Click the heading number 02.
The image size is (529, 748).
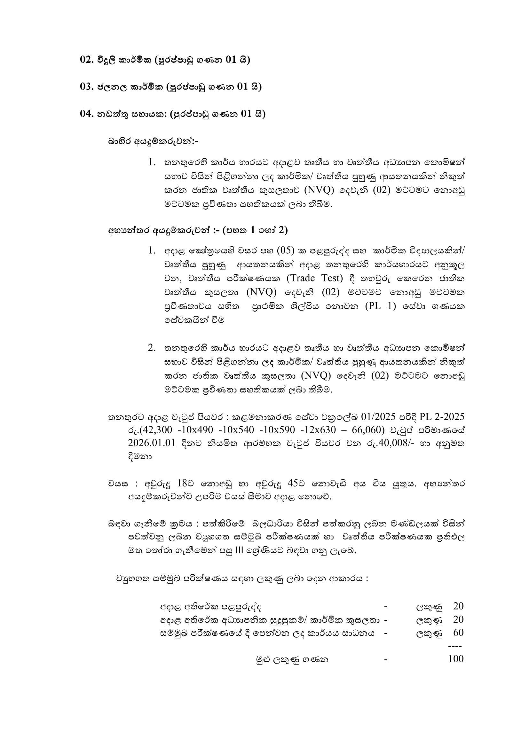click(87, 60)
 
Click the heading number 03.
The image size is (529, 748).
click(87, 87)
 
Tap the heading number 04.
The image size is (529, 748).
click(87, 114)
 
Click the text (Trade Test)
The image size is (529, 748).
click(315, 278)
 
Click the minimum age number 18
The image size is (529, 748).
click(183, 484)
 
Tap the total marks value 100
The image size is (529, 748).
click(456, 659)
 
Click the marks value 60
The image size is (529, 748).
click(458, 633)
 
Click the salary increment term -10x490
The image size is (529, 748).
click(195, 430)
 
